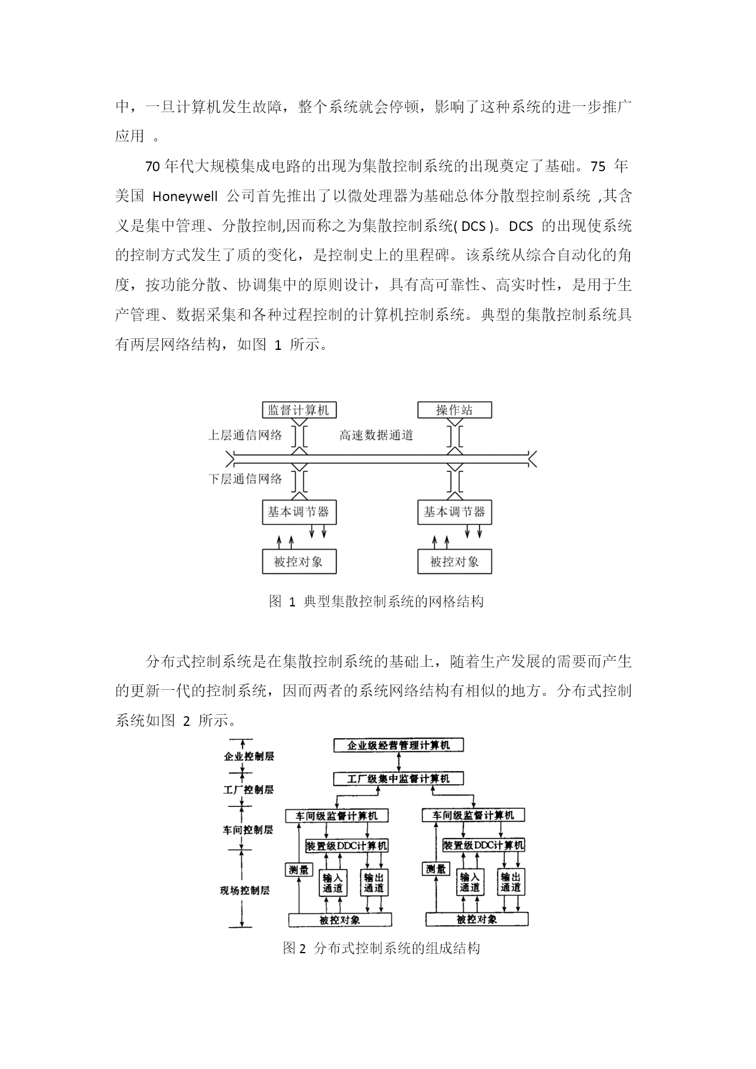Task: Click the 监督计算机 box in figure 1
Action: pyautogui.click(x=299, y=410)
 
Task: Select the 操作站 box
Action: pyautogui.click(x=454, y=410)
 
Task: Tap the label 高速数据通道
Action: pyautogui.click(x=376, y=435)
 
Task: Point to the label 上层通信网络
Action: pyautogui.click(x=246, y=435)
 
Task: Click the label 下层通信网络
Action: pyautogui.click(x=246, y=479)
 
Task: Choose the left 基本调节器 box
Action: pyautogui.click(x=299, y=512)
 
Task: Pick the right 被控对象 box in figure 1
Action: pyautogui.click(x=454, y=561)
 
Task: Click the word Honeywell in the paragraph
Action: pyautogui.click(x=185, y=196)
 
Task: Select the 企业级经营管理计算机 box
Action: pyautogui.click(x=398, y=745)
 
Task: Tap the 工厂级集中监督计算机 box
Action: pyautogui.click(x=398, y=778)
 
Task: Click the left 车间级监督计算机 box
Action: pyautogui.click(x=337, y=815)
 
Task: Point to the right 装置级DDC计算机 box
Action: pyautogui.click(x=484, y=845)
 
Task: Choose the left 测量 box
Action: pyautogui.click(x=299, y=870)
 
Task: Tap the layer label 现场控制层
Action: pyautogui.click(x=245, y=890)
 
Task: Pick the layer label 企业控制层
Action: pyautogui.click(x=249, y=756)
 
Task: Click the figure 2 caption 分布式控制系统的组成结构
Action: pyautogui.click(x=397, y=948)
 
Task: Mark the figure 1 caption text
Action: pyautogui.click(x=376, y=602)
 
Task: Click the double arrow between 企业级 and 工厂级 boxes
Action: pyautogui.click(x=398, y=762)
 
